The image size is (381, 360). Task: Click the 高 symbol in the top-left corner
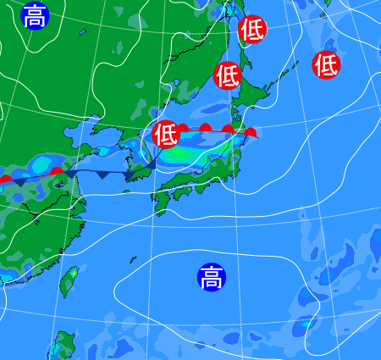click(x=34, y=15)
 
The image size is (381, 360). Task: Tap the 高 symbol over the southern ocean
click(x=211, y=276)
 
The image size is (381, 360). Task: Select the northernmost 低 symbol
click(x=252, y=30)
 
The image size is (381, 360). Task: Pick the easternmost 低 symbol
click(x=327, y=64)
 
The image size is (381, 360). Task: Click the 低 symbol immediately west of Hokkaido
click(x=227, y=75)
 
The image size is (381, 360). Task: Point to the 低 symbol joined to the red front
click(x=166, y=133)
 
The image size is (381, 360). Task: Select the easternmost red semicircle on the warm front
click(x=250, y=132)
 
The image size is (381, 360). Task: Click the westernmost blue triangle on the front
click(x=19, y=181)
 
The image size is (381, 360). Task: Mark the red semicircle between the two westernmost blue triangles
click(x=57, y=172)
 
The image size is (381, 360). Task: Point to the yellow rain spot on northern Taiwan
click(x=74, y=273)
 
